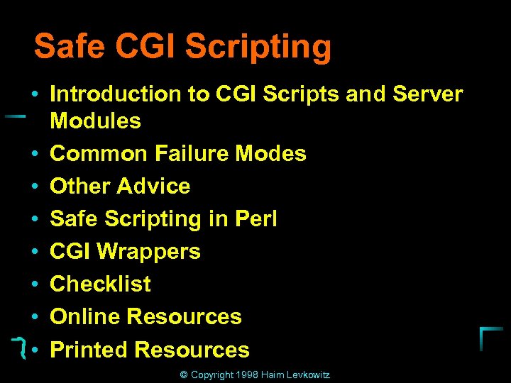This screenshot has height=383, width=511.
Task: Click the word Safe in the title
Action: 69,47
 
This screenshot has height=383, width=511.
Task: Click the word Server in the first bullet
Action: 427,94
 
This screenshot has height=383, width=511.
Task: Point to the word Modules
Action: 96,121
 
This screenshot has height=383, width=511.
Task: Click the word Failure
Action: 193,153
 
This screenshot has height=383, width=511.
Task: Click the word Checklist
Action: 101,284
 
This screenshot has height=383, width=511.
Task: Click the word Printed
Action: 89,350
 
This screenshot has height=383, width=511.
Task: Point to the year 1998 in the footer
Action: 248,374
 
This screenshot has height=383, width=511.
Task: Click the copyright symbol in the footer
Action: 184,374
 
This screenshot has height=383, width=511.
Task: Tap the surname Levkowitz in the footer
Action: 308,374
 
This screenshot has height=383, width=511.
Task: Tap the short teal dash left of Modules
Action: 16,116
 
